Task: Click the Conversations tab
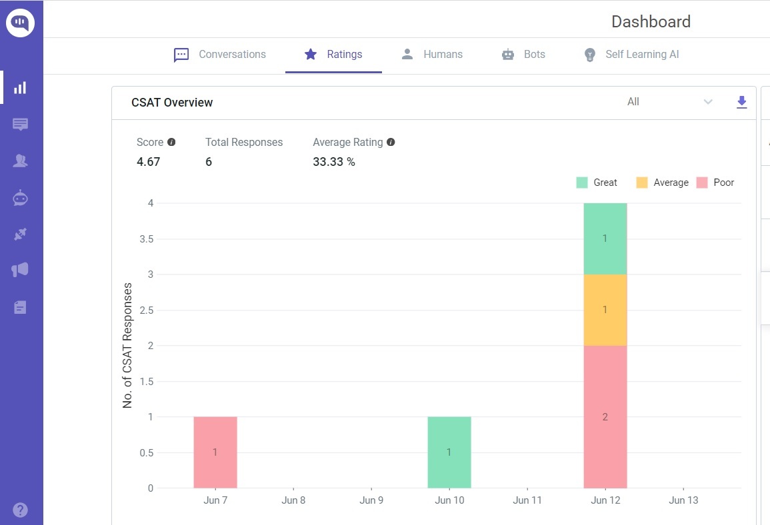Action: point(220,55)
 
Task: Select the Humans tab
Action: point(432,55)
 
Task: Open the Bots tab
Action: point(523,55)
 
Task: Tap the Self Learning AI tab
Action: point(631,55)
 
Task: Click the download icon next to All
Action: point(741,102)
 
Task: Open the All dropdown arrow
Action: point(708,102)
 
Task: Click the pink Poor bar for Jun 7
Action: point(215,452)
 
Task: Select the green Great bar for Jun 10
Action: point(449,452)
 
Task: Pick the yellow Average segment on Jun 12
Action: point(605,310)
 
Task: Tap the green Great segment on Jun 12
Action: point(605,239)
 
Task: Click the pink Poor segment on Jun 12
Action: point(605,416)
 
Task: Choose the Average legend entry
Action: point(662,183)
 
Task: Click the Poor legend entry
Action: point(715,183)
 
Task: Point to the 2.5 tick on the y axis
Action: point(145,310)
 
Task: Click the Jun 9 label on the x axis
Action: point(371,500)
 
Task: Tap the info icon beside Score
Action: point(171,142)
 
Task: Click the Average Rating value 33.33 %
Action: point(334,162)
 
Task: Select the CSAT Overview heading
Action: point(172,103)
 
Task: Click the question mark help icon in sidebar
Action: point(21,510)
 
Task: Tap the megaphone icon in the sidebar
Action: point(21,270)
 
